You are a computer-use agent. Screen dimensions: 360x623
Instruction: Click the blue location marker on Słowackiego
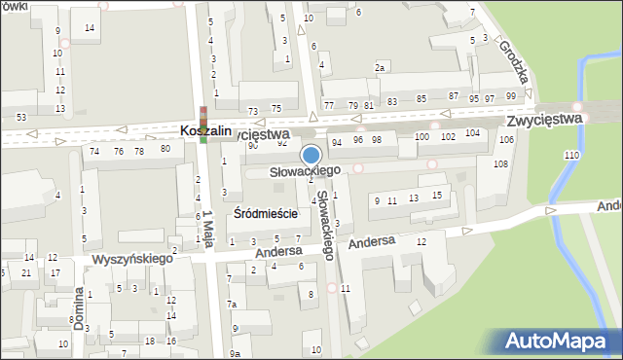(311, 155)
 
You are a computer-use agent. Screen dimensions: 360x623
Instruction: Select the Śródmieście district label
(266, 214)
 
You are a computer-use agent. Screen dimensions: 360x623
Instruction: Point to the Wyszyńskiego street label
(132, 260)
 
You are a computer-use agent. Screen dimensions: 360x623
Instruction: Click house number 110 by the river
(571, 156)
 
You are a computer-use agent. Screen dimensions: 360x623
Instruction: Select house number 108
(500, 163)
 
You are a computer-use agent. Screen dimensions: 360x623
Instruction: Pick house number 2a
(381, 68)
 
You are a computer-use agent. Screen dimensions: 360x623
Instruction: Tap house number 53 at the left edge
(20, 117)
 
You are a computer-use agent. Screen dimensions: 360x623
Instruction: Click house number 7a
(233, 305)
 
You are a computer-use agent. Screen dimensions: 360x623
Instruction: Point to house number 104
(472, 132)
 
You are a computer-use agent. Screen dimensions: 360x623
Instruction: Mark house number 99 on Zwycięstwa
(510, 97)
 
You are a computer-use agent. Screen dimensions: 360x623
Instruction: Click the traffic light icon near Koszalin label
(203, 125)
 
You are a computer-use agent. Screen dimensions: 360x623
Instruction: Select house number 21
(26, 272)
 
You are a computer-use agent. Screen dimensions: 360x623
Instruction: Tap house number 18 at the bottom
(149, 341)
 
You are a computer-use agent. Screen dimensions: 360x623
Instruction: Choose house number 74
(94, 151)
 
